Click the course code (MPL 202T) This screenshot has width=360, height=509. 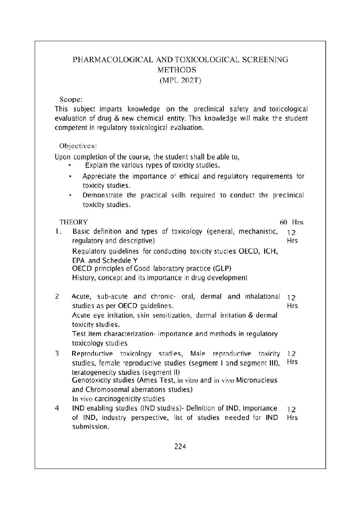click(180, 81)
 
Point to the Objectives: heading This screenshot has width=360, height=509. click(78, 146)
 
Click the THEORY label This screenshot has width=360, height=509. click(73, 222)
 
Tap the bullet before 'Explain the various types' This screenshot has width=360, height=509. click(69, 166)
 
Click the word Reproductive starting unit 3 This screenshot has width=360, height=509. click(91, 354)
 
